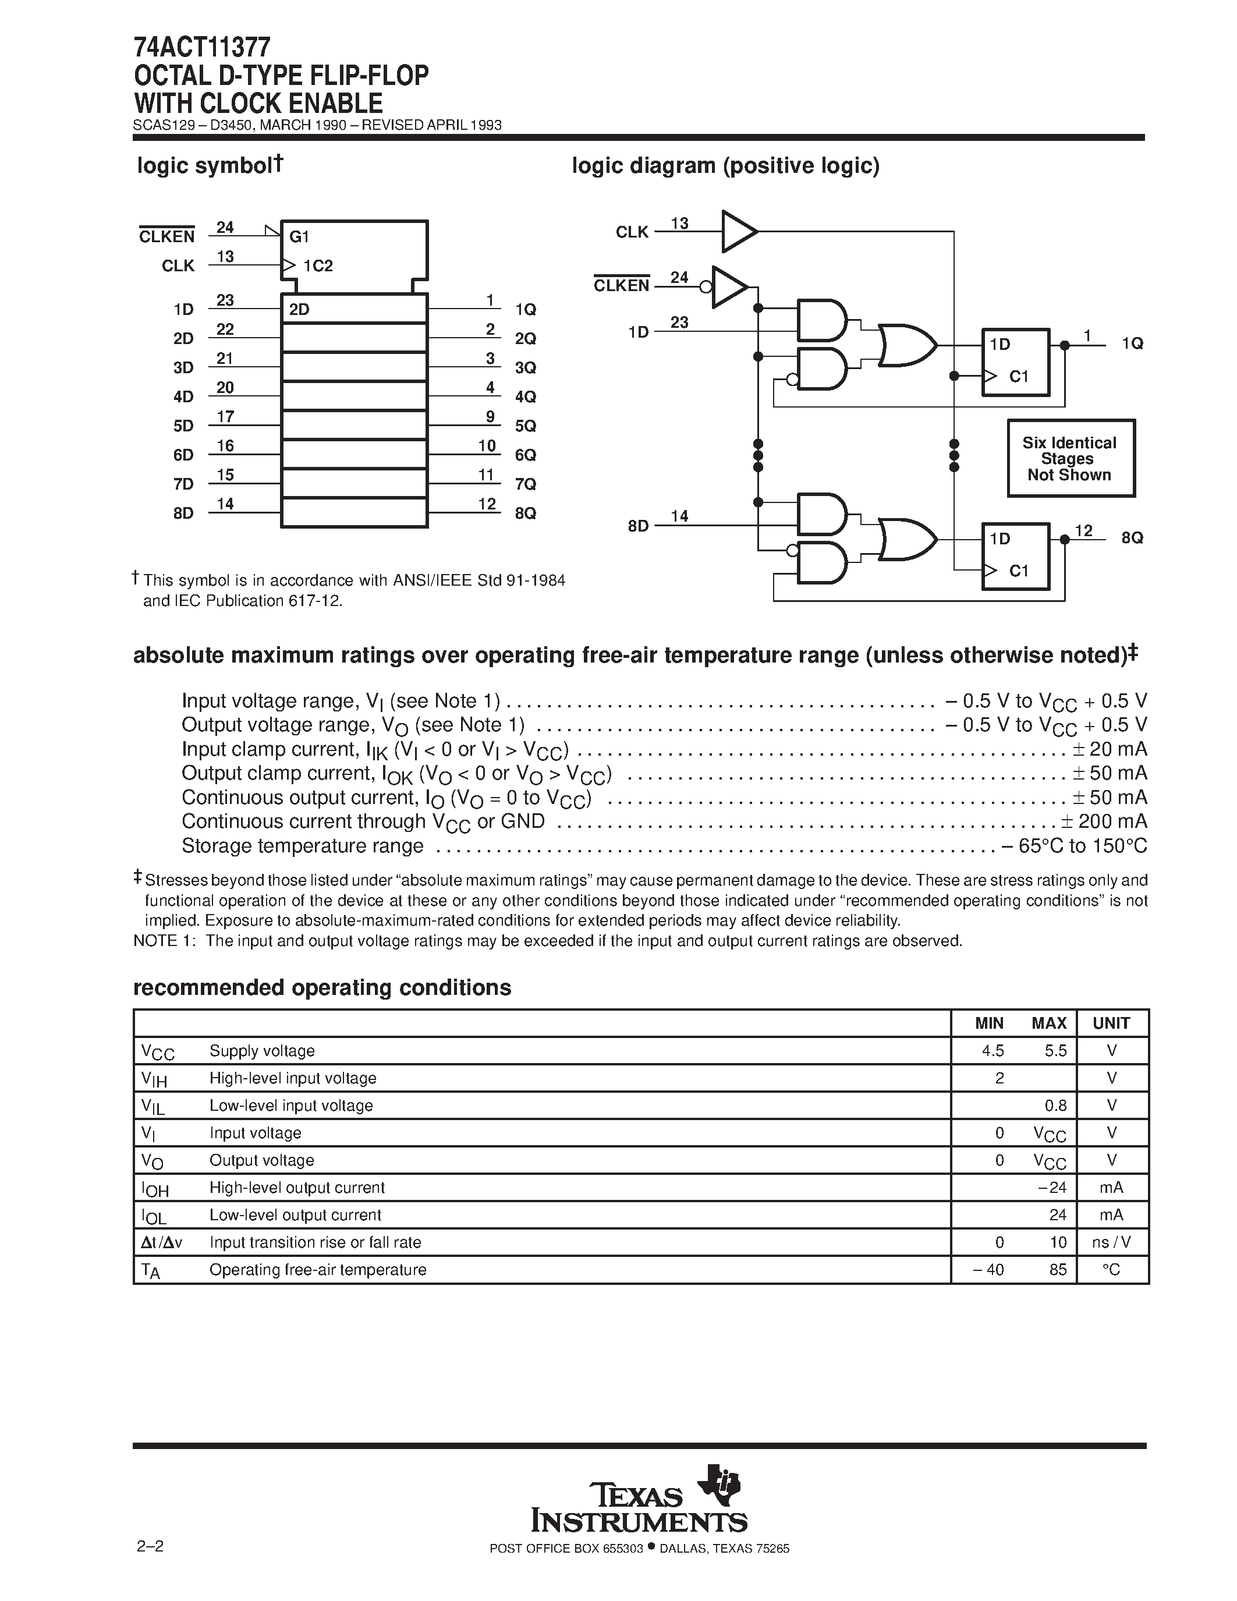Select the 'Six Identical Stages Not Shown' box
(1071, 459)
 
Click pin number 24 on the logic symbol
(225, 227)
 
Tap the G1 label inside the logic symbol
(300, 237)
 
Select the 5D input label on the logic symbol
(183, 426)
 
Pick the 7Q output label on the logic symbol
(526, 484)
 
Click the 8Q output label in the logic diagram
(1132, 538)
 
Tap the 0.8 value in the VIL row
(1056, 1106)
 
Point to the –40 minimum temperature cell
(988, 1270)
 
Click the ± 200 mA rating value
(1104, 822)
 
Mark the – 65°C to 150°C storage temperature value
(1075, 846)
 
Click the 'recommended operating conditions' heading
(322, 988)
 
